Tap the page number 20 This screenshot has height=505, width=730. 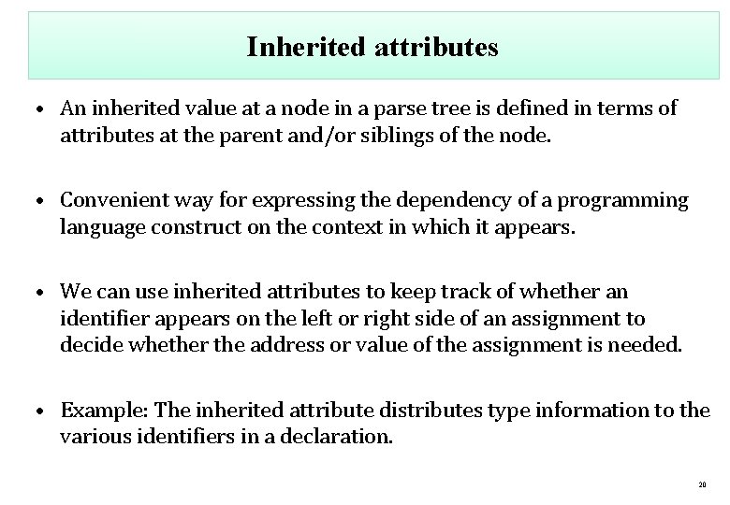click(x=702, y=484)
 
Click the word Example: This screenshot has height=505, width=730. click(x=103, y=411)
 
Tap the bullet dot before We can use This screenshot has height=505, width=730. click(x=45, y=295)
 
